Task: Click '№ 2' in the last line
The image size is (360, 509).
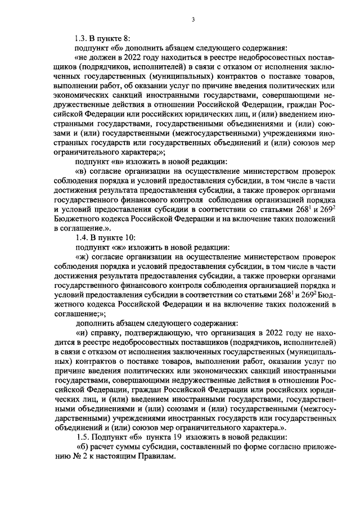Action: tap(71, 457)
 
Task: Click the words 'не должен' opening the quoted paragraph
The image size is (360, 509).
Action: tap(96, 58)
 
